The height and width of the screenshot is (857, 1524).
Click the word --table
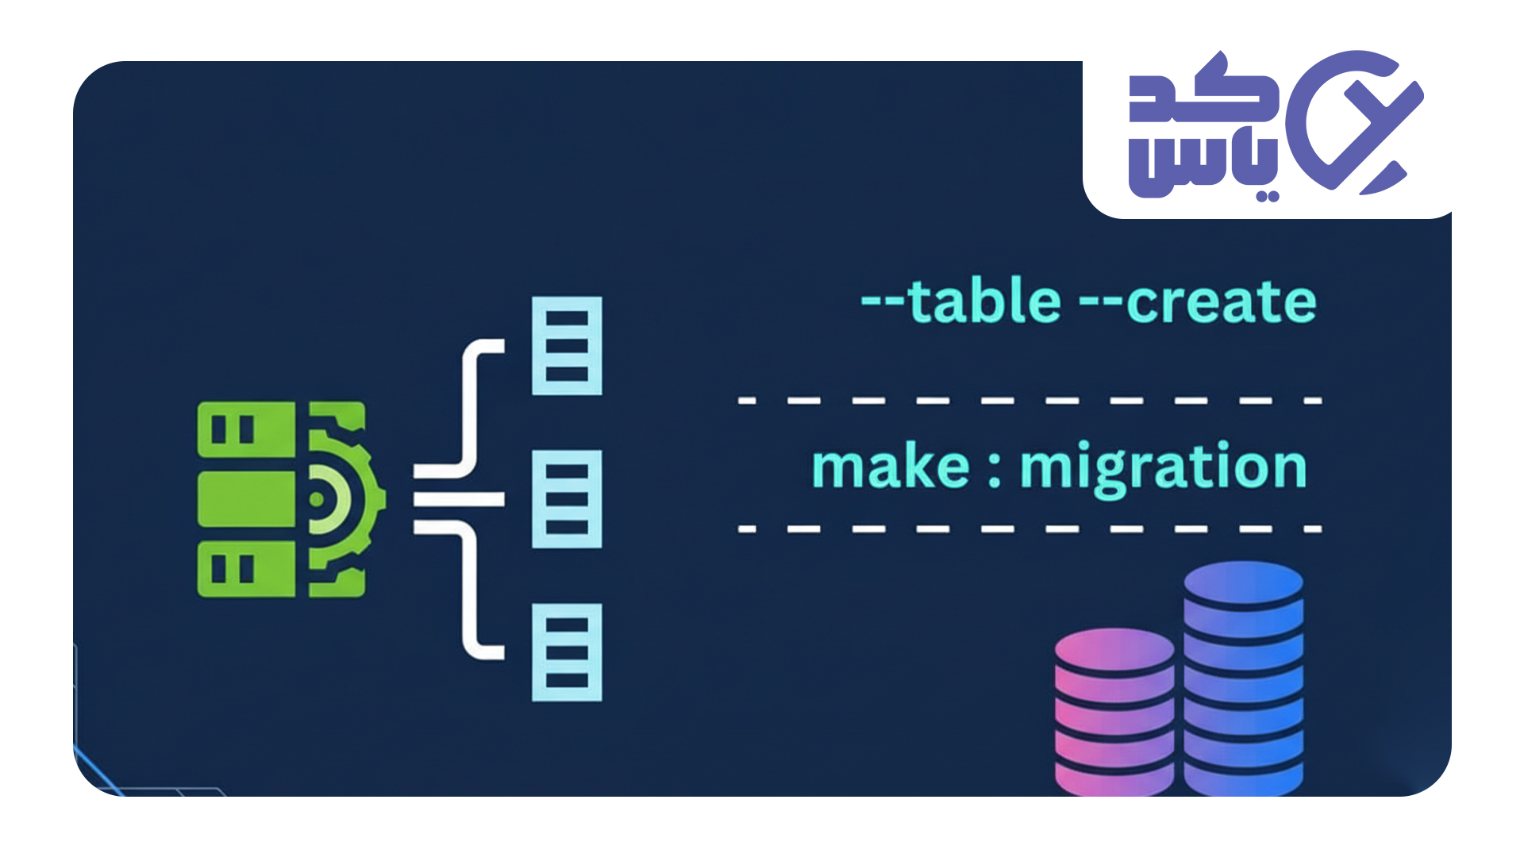point(961,302)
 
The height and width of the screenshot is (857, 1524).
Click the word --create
point(1198,302)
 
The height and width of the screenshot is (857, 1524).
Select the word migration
point(1163,468)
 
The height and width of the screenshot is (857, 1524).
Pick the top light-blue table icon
point(567,346)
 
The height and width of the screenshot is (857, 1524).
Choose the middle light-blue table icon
point(567,499)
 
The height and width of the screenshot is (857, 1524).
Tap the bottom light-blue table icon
point(567,652)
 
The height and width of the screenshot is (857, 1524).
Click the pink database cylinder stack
point(1114,710)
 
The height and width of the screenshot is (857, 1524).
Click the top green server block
point(246,429)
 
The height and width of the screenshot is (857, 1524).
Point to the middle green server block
point(246,499)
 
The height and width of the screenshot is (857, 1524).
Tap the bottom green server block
point(246,568)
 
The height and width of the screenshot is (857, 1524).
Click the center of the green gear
point(317,499)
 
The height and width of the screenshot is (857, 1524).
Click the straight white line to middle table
point(459,499)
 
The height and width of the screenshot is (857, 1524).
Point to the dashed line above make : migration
point(1029,401)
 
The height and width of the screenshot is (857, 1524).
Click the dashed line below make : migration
point(1029,528)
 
